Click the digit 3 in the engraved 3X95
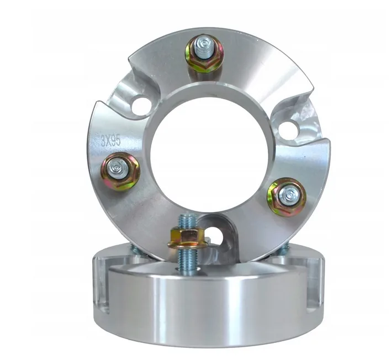(104, 142)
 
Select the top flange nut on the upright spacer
(204, 53)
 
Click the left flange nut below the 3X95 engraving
(120, 172)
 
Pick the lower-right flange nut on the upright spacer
(287, 197)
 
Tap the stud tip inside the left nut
(117, 168)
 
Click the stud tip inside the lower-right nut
(289, 194)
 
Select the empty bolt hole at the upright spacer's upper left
(141, 106)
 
